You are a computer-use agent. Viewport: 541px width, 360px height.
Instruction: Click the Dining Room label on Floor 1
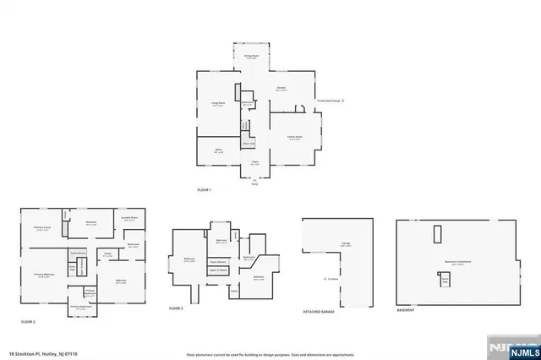click(x=250, y=57)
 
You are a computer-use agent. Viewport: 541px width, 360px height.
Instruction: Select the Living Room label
click(x=218, y=104)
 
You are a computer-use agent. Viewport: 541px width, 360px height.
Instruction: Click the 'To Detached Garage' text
click(x=329, y=100)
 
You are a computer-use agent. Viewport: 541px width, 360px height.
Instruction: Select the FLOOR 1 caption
click(x=204, y=189)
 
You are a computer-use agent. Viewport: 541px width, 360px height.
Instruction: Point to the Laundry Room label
click(x=129, y=218)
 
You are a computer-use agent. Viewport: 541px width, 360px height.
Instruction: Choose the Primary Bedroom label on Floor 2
click(x=44, y=275)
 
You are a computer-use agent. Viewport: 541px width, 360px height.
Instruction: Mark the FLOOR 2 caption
click(x=28, y=321)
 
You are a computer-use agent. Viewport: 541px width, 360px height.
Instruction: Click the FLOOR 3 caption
click(x=176, y=309)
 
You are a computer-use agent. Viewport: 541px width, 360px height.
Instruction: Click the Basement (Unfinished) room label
click(x=460, y=262)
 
